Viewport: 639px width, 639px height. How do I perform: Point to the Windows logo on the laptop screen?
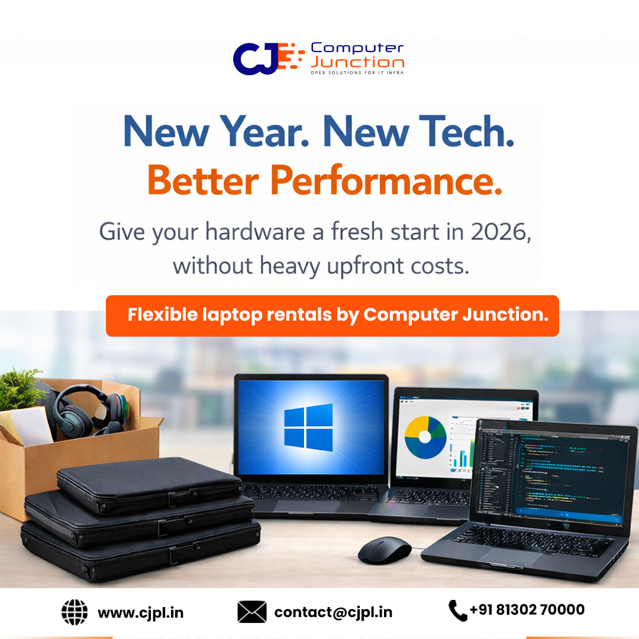point(308,426)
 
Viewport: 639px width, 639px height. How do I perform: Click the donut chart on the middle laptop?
point(425,437)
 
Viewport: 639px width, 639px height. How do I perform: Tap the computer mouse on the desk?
point(384,550)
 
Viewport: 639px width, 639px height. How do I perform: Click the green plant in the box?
point(21,388)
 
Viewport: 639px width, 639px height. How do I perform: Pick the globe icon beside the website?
point(74,612)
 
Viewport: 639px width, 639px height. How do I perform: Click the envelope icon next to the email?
point(251,612)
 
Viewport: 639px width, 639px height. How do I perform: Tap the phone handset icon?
point(457,611)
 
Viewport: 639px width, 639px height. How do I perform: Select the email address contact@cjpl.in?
point(333,612)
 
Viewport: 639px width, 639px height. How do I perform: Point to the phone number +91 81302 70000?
point(527,609)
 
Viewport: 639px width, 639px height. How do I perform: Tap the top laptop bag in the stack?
point(148,484)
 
